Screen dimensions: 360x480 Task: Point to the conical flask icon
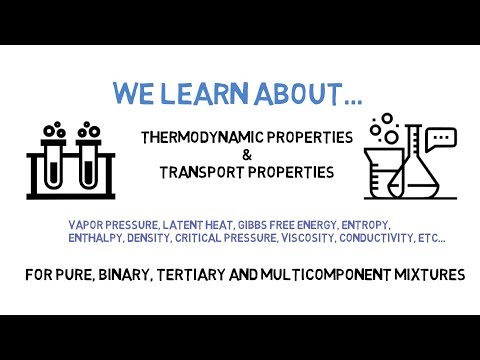point(412,170)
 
